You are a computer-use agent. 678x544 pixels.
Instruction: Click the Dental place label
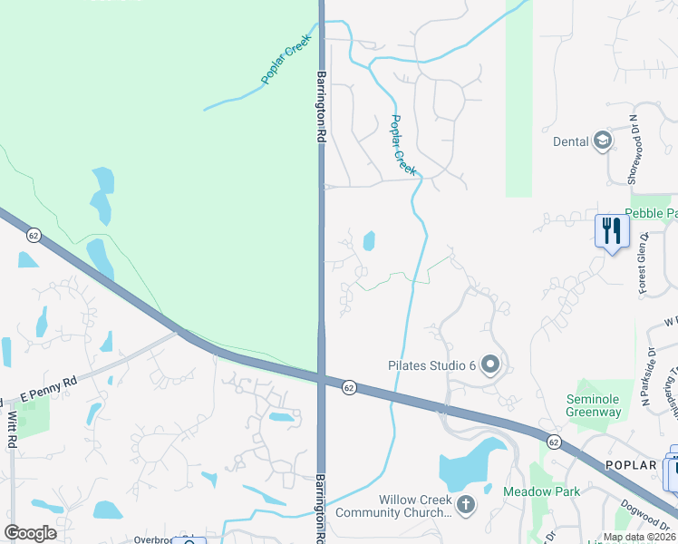571,141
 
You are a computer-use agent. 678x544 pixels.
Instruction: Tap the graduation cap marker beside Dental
602,141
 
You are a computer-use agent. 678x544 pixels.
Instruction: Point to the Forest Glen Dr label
643,264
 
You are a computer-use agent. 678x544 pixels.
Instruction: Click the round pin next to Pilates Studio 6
491,365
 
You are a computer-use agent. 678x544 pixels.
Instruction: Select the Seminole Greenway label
594,405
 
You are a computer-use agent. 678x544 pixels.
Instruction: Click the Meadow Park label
538,491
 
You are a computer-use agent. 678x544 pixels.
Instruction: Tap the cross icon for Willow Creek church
466,504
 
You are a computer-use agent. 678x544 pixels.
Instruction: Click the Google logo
30,533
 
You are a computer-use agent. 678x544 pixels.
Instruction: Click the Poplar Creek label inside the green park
286,60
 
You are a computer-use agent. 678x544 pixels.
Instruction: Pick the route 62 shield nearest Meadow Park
553,439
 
